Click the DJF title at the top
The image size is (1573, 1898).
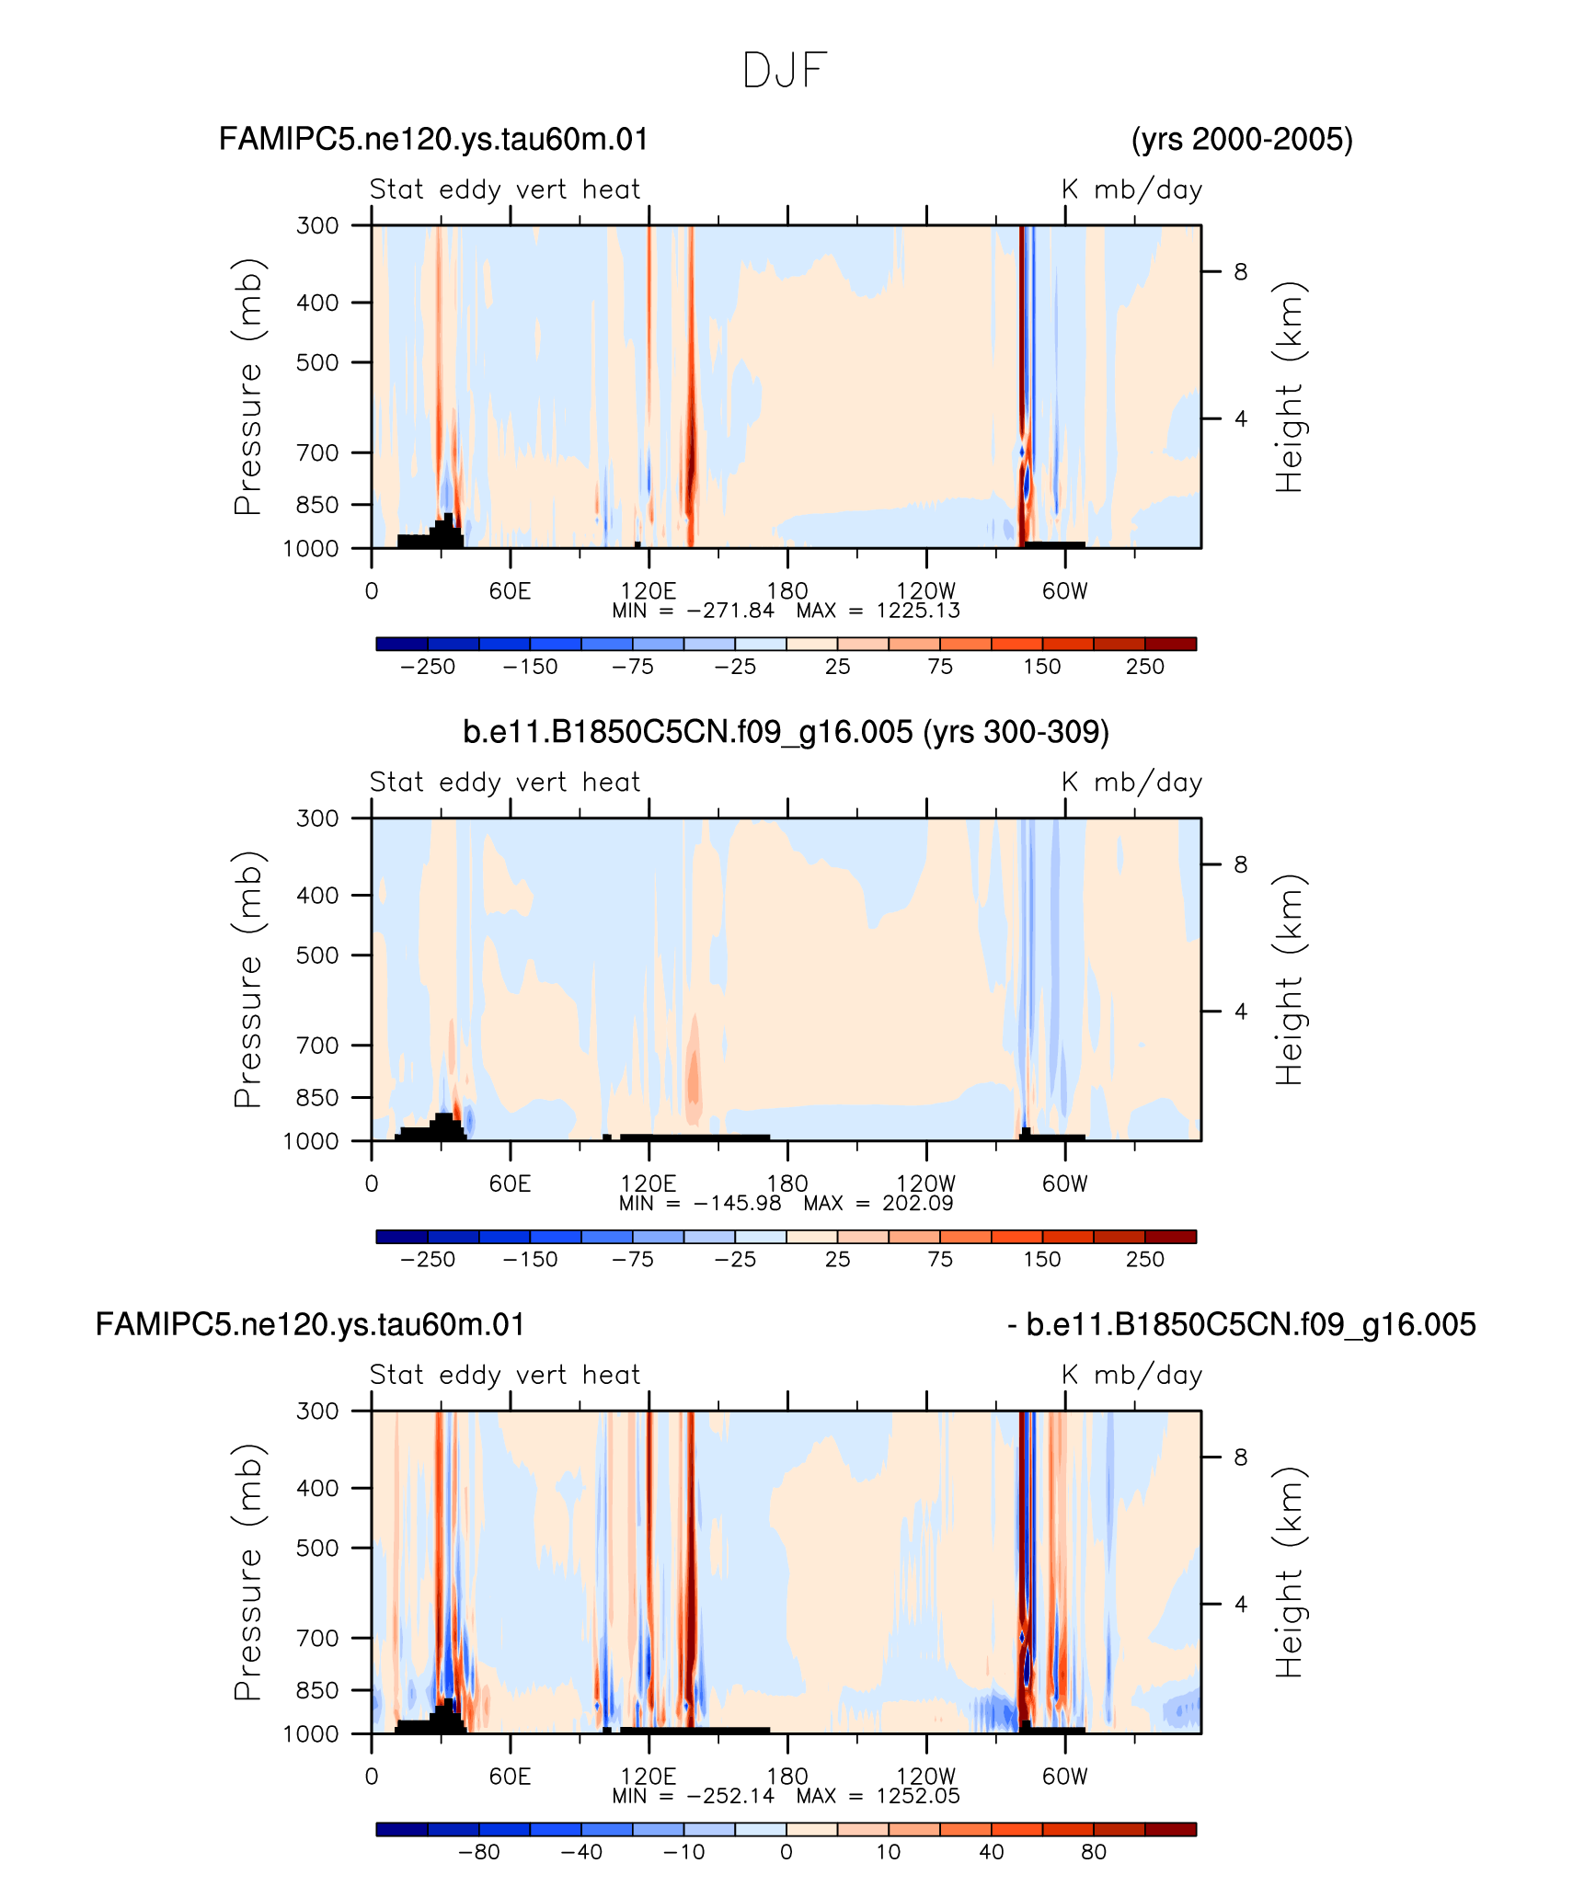pyautogui.click(x=785, y=71)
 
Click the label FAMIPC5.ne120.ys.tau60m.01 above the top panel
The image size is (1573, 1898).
pyautogui.click(x=433, y=140)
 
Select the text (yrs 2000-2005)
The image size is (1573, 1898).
pyautogui.click(x=1242, y=140)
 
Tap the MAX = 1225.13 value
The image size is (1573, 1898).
pyautogui.click(x=878, y=611)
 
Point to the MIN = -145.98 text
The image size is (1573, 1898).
pyautogui.click(x=700, y=1203)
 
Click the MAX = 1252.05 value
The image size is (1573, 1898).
pyautogui.click(x=878, y=1796)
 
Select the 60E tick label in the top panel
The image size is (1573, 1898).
pyautogui.click(x=510, y=590)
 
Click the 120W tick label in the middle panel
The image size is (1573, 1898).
pyautogui.click(x=925, y=1183)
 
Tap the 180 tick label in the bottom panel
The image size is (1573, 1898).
pyautogui.click(x=786, y=1776)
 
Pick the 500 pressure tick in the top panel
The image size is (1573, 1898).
pyautogui.click(x=318, y=362)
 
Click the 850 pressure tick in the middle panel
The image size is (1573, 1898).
pyautogui.click(x=318, y=1097)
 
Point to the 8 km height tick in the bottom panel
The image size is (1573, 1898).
pyautogui.click(x=1241, y=1457)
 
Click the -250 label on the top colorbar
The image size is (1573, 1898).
pyautogui.click(x=428, y=667)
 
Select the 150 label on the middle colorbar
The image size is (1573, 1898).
pyautogui.click(x=1042, y=1260)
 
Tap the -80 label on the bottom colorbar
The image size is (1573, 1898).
pyautogui.click(x=478, y=1852)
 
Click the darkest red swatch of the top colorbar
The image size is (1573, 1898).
pyautogui.click(x=1170, y=644)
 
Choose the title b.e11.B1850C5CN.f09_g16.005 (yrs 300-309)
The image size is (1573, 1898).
pyautogui.click(x=786, y=732)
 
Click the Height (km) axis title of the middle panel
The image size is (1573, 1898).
pyautogui.click(x=1289, y=980)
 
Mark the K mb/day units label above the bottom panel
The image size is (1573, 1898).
pyautogui.click(x=1131, y=1375)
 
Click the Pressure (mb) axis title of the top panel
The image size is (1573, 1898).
pyautogui.click(x=248, y=386)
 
